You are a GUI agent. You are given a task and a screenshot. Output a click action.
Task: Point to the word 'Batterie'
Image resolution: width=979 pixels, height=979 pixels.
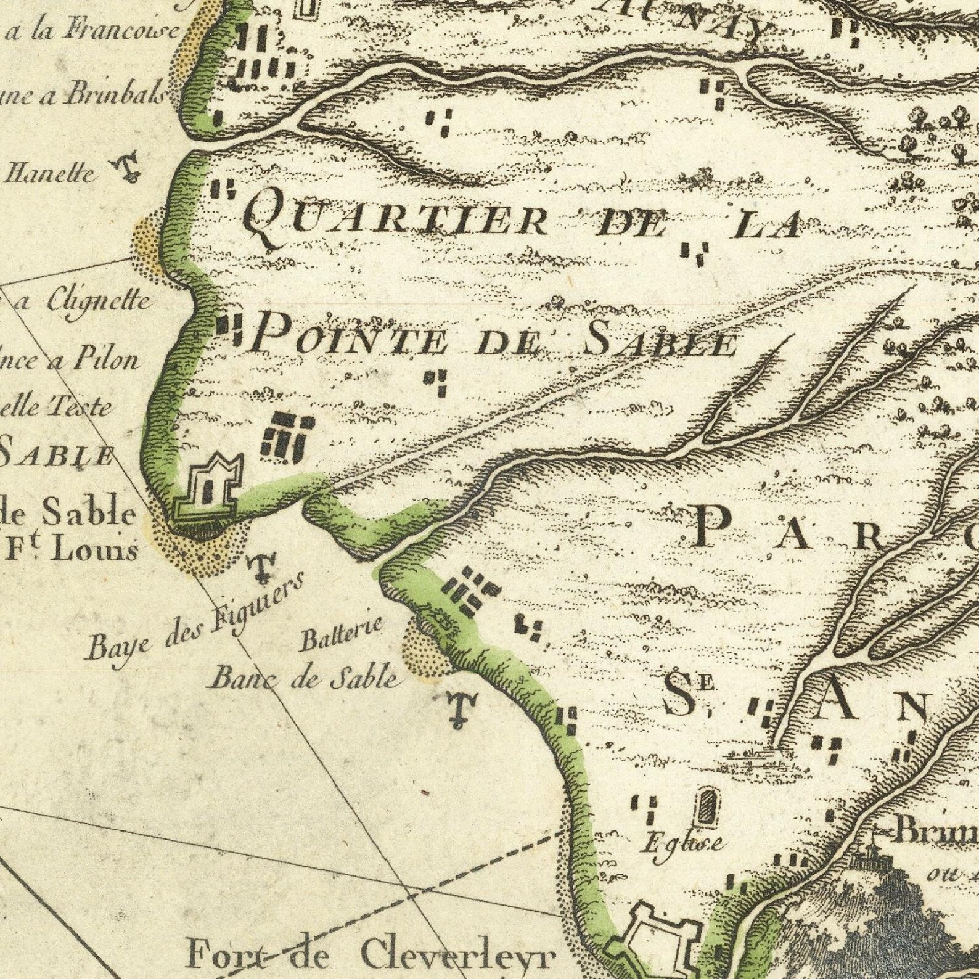pyautogui.click(x=342, y=635)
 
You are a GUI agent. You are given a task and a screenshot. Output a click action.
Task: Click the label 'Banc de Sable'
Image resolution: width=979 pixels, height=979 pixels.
pyautogui.click(x=305, y=678)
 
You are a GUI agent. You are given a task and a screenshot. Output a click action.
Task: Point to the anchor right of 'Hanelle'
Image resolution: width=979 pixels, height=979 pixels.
pyautogui.click(x=128, y=169)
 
